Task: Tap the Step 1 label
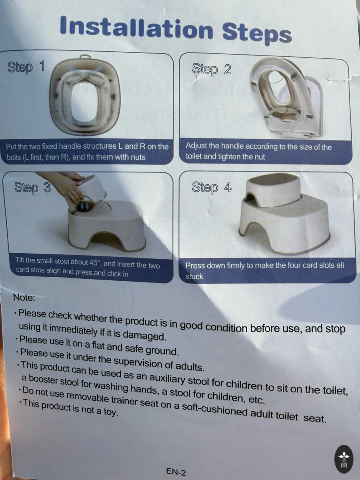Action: [26, 67]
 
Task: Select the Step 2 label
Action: [211, 69]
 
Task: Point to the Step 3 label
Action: [32, 188]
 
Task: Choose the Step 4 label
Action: [212, 187]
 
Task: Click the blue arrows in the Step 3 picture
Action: [84, 206]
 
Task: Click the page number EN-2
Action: [176, 472]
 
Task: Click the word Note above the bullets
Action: [24, 298]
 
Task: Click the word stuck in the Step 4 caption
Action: [194, 276]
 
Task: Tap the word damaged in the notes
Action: [144, 336]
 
